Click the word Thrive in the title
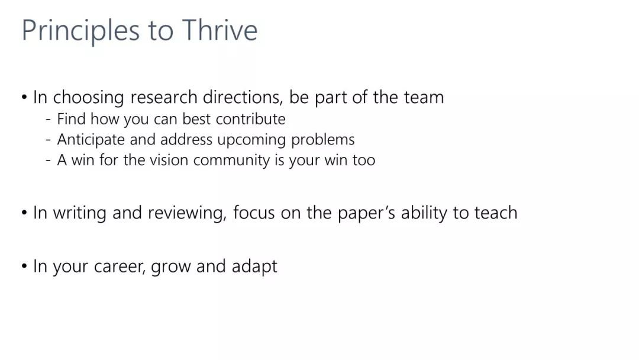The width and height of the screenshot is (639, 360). coord(220,30)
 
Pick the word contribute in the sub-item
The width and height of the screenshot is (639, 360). coord(251,119)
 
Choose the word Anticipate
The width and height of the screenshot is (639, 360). coord(91,140)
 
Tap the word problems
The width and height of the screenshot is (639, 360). coord(323,139)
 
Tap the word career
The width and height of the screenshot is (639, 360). coord(119,266)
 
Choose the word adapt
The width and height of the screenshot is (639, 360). coord(254,266)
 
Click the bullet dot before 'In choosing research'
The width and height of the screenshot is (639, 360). coord(24,98)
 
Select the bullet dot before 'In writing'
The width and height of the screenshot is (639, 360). coord(24,213)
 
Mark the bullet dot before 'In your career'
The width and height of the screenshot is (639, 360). coord(24,266)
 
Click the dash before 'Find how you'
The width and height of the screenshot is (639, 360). coord(49,120)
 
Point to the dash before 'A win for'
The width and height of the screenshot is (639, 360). coord(49,160)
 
